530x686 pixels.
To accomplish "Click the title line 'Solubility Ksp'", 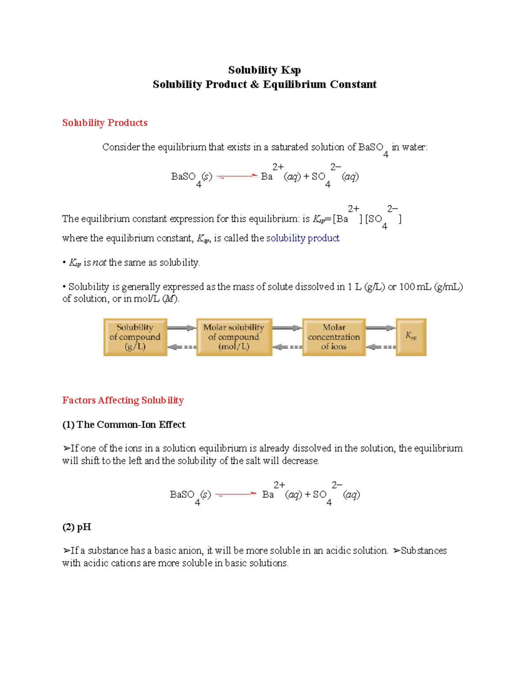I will [264, 70].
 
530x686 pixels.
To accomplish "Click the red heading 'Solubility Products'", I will [105, 123].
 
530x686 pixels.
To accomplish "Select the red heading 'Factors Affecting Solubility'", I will [123, 400].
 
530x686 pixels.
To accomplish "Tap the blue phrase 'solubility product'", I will [303, 238].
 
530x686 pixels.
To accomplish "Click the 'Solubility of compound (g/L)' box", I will [135, 337].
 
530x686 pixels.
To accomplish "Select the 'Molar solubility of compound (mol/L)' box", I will [234, 337].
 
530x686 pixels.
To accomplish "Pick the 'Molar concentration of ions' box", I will [334, 337].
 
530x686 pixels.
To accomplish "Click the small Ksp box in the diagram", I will [411, 337].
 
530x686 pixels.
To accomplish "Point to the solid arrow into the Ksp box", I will [380, 328].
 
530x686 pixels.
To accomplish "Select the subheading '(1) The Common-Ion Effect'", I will [124, 424].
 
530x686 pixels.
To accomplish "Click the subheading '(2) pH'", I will [77, 527].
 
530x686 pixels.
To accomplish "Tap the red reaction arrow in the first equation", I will [237, 176].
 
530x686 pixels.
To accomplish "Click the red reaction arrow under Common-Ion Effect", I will [236, 494].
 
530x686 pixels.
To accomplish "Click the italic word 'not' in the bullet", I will [99, 262].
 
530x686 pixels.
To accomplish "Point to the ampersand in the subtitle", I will [254, 84].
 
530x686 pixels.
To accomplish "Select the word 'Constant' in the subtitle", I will [356, 84].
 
